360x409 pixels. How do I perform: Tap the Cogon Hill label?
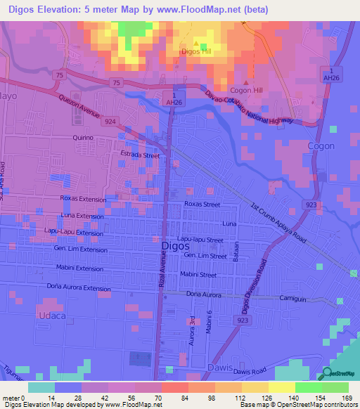(x=245, y=91)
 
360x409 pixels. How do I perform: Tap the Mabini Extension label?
(x=79, y=268)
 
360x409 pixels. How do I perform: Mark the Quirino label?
(x=83, y=138)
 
